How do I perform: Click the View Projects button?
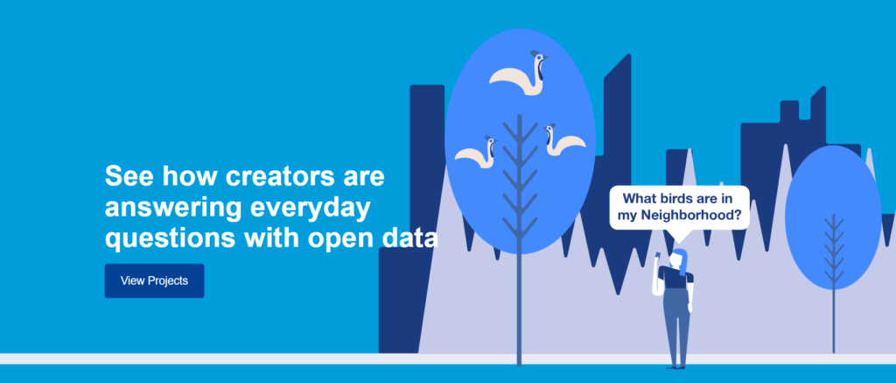tap(154, 280)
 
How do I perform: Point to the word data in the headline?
tap(409, 238)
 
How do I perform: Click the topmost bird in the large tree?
tap(519, 74)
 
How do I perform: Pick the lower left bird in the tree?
tap(475, 152)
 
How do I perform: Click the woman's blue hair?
tap(680, 261)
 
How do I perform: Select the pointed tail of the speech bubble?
tap(678, 235)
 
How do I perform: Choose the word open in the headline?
tap(340, 239)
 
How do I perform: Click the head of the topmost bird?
tap(538, 58)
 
